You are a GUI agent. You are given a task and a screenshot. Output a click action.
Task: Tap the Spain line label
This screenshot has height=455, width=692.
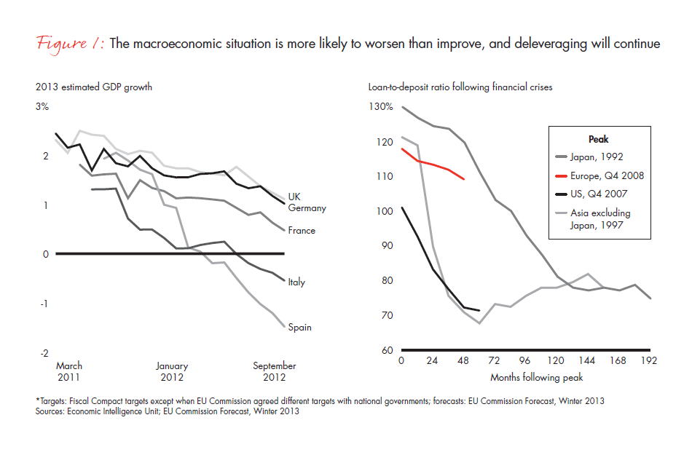299,328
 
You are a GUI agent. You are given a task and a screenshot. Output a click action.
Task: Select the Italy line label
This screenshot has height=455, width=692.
296,282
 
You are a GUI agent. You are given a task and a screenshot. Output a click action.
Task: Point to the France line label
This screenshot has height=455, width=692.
302,231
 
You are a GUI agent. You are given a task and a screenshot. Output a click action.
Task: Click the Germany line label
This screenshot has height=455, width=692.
307,208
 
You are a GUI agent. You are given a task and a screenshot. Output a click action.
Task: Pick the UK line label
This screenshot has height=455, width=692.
294,197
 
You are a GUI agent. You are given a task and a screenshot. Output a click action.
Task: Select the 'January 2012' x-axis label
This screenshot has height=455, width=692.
172,372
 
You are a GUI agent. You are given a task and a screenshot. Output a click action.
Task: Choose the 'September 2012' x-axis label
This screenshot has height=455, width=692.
274,372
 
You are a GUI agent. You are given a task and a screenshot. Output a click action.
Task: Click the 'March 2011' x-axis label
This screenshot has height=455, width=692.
69,372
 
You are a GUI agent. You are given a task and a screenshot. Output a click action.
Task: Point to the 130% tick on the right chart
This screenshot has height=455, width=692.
380,107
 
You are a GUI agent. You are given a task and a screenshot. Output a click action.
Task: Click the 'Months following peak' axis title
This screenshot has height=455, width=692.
538,378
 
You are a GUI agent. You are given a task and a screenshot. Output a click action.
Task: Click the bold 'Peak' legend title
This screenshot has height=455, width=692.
598,139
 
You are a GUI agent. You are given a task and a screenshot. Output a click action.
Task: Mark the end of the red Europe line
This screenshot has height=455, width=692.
465,178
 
